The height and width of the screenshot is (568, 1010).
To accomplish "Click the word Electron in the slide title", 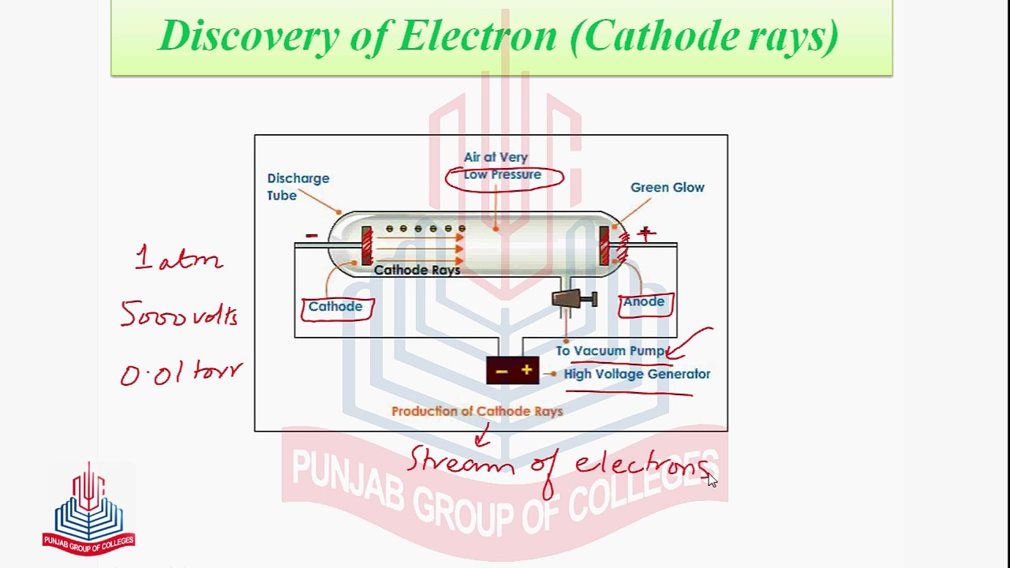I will coord(477,36).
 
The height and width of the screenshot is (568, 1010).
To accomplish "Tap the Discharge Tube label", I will coord(297,187).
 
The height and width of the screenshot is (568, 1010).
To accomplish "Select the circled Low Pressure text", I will coord(503,175).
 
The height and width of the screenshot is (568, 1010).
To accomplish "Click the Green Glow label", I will coord(667,188).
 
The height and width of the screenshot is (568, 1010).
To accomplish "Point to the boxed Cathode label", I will coord(335,307).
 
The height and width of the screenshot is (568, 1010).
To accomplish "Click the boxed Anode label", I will coord(644,302).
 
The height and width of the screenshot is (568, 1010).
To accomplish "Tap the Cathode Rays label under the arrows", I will coord(417,271).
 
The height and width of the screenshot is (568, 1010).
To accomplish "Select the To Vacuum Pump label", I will coord(610,351).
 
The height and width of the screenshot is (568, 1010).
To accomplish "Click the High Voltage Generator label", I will coord(637,374).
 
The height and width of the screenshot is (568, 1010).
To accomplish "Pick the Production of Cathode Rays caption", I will coord(477,411).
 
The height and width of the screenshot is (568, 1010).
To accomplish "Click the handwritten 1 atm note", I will coord(178,259).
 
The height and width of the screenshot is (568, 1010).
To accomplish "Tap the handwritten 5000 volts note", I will coord(179,316).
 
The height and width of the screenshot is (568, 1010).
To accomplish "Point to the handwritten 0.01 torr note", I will coord(181,373).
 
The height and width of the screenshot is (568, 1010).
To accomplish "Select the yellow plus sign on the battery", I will coord(526,370).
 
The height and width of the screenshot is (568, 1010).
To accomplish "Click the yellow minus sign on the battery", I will coord(501,371).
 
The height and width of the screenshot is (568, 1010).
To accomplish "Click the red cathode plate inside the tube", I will coord(366,245).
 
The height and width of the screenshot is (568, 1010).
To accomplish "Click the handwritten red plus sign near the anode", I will coord(645,233).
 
